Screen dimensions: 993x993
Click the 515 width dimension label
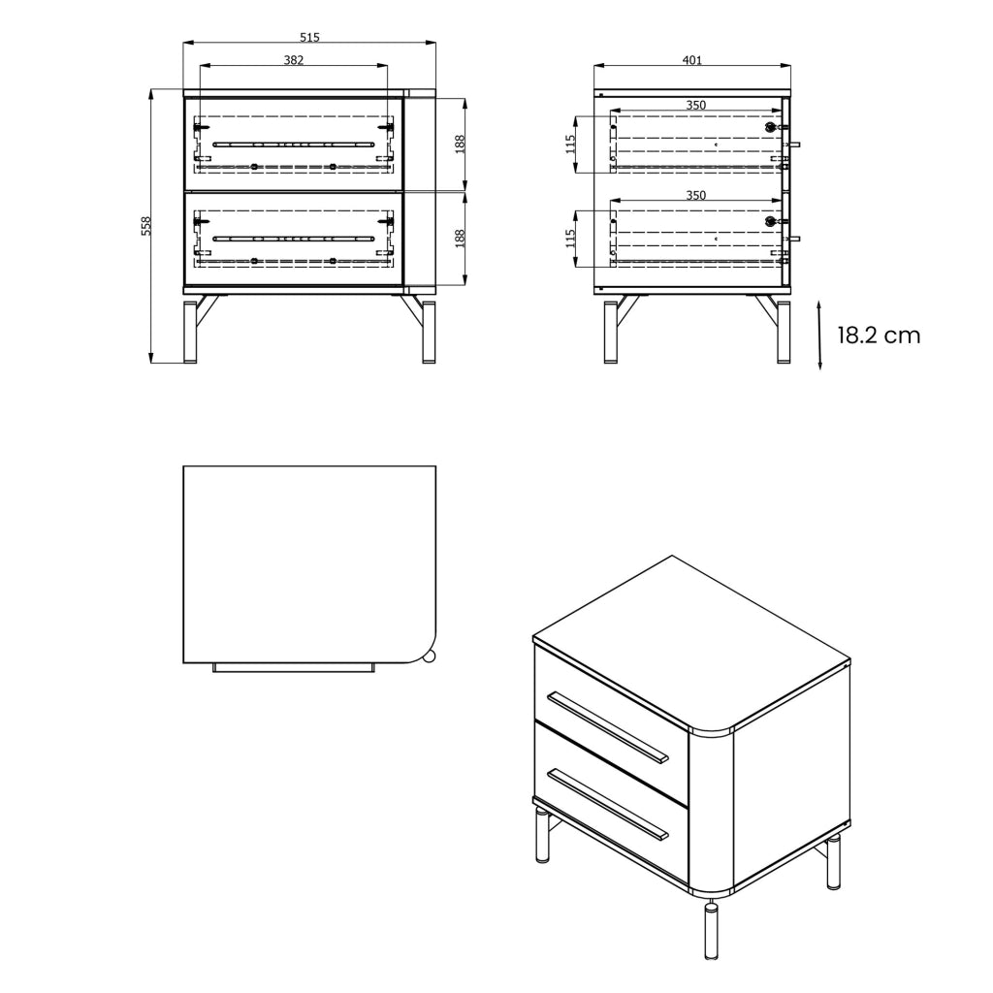click(x=309, y=38)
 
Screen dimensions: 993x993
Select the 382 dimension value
click(x=293, y=60)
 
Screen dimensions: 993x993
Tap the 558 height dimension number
click(x=146, y=226)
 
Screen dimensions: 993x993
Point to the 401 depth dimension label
click(x=692, y=60)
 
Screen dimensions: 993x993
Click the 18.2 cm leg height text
click(x=879, y=336)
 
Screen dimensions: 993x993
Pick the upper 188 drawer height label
click(x=460, y=144)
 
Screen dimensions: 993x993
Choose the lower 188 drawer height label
click(x=460, y=239)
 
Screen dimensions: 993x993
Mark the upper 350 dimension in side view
click(x=695, y=105)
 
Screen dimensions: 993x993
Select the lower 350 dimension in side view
click(x=695, y=195)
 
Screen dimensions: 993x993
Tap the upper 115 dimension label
click(x=570, y=144)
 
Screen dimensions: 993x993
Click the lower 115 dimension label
click(x=570, y=239)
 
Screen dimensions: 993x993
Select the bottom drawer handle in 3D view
click(x=608, y=804)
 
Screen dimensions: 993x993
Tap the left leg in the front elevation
click(x=190, y=332)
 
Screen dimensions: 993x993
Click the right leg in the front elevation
click(x=429, y=332)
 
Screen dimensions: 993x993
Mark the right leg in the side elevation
click(x=784, y=332)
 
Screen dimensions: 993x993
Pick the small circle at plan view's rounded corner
click(x=429, y=657)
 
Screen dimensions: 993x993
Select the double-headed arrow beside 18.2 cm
click(x=819, y=335)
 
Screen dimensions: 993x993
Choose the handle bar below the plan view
click(x=293, y=667)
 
